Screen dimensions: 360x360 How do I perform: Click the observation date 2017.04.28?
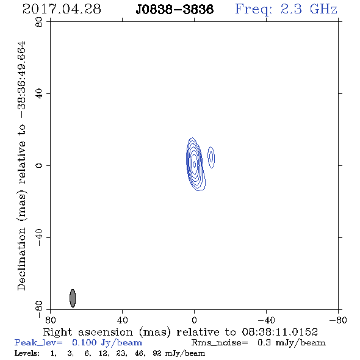62,9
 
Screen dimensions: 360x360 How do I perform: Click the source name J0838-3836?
175,10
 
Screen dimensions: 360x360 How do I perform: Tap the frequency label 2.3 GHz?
309,9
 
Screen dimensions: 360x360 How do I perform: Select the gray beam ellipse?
73,298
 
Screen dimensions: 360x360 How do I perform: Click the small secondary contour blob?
211,157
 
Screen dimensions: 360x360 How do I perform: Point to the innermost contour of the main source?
195,164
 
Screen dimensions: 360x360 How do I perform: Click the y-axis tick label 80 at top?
39,22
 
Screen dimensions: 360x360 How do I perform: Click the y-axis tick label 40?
39,94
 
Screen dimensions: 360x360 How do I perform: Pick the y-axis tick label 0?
39,165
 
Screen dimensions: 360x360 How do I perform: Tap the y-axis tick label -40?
39,237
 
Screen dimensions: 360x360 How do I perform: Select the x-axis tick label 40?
123,320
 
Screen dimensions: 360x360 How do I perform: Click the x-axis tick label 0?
195,320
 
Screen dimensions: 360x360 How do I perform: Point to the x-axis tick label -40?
266,320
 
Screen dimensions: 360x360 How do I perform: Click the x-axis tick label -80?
338,320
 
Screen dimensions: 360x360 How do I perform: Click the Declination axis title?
22,165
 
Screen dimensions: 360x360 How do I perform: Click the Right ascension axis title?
181,333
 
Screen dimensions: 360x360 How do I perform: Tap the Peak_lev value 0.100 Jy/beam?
107,343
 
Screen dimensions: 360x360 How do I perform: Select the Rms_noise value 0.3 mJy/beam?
292,343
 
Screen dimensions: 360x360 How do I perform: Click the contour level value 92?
157,353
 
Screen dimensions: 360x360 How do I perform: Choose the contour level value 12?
103,353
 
